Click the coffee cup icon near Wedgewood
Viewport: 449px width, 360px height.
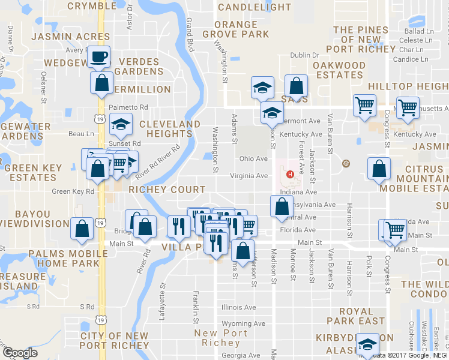pos(100,57)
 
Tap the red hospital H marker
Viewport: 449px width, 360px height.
pos(291,175)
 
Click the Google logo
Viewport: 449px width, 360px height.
pos(20,353)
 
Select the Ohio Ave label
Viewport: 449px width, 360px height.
pos(253,159)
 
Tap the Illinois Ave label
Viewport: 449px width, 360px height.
pos(238,307)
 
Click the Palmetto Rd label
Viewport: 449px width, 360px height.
pos(128,107)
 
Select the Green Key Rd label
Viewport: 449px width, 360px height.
pos(73,191)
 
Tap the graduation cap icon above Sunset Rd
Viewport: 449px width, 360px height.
pos(121,124)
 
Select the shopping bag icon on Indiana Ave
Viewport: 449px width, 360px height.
pos(282,206)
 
